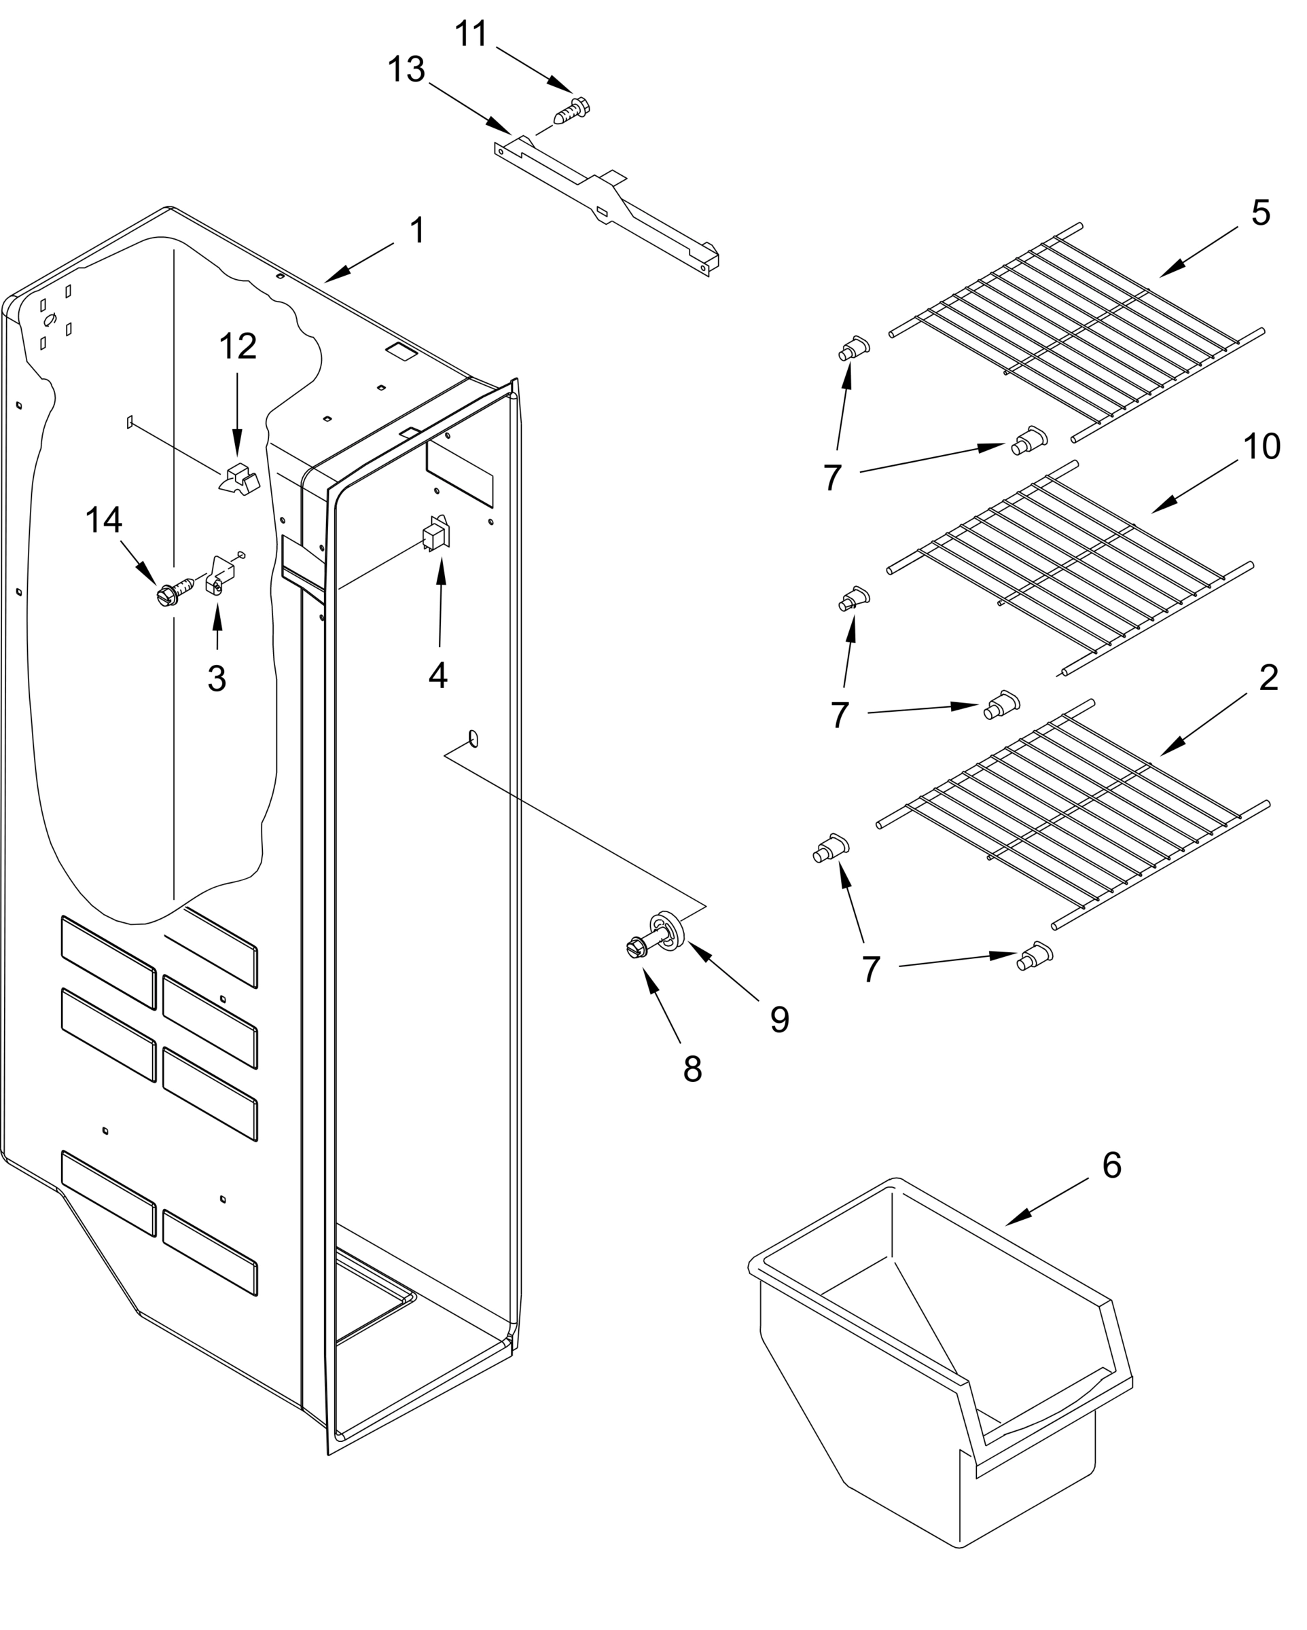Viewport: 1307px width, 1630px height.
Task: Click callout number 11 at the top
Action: (471, 35)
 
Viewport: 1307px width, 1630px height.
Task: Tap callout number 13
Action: (406, 71)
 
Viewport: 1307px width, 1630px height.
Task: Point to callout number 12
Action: (238, 346)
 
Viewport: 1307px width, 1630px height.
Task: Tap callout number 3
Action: (217, 678)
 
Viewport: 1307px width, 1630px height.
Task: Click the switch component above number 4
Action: (436, 534)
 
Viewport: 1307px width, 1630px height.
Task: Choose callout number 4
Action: (438, 675)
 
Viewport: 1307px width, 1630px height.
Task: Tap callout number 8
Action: (692, 1069)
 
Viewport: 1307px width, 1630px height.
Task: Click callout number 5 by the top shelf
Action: (1260, 213)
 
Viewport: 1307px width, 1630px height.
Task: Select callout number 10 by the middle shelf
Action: (1261, 447)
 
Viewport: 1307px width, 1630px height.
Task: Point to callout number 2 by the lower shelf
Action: (1268, 678)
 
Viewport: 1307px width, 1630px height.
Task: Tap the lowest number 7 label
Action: (872, 969)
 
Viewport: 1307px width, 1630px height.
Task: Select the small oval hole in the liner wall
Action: (473, 738)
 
